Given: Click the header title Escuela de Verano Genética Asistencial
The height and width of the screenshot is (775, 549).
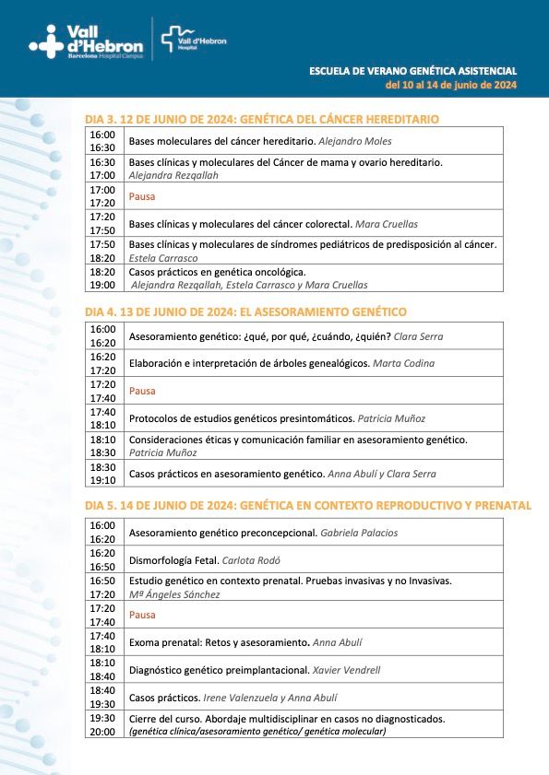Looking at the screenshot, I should (412, 71).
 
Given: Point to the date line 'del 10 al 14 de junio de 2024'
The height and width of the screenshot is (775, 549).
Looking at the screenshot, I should (451, 86).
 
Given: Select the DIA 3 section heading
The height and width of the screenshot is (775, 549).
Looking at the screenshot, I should (261, 119).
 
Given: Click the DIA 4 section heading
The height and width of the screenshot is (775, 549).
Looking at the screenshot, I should (245, 311).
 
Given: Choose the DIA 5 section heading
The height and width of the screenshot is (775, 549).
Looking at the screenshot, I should (307, 505).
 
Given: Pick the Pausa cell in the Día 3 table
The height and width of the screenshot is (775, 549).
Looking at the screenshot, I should (142, 196).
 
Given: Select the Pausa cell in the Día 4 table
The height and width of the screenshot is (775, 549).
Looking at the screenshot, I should (142, 391).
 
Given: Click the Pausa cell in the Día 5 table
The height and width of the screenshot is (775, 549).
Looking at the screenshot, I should (142, 615).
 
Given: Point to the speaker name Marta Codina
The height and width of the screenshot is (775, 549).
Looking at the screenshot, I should (403, 363).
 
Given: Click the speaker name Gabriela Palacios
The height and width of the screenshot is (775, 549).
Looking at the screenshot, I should (361, 533).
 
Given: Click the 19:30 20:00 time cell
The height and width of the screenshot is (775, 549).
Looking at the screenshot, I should (102, 724).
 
